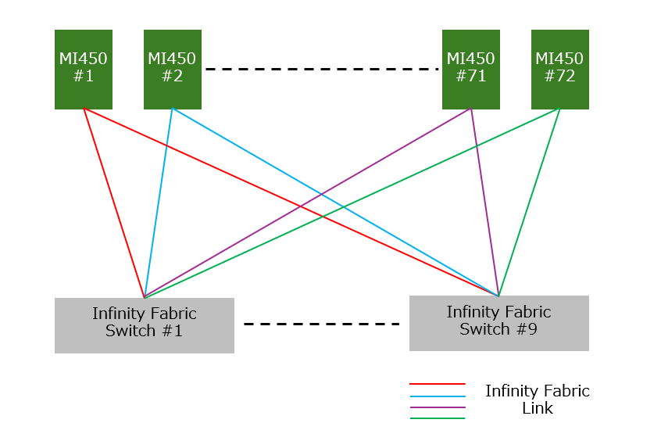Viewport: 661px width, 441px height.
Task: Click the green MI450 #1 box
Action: click(84, 69)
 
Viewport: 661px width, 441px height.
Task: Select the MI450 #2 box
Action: click(173, 69)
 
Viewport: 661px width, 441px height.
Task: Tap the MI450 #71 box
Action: click(471, 69)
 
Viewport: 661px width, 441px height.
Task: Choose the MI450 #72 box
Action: click(560, 69)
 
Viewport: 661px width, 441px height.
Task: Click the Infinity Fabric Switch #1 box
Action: click(145, 324)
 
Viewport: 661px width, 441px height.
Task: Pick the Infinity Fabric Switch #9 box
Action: click(499, 322)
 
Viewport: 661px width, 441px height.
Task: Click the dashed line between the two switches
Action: click(322, 324)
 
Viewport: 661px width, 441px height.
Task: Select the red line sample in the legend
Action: click(438, 385)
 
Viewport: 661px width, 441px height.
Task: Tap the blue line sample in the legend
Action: click(438, 396)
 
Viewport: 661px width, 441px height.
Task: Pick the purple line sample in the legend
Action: click(438, 407)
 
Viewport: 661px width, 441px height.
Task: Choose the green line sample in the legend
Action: click(438, 418)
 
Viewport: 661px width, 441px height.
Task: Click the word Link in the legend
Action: click(538, 408)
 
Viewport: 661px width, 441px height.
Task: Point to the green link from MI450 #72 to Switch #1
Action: click(352, 203)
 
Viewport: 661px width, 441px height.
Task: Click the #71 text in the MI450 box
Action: click(471, 77)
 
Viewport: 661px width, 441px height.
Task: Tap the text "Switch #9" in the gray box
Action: click(498, 329)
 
